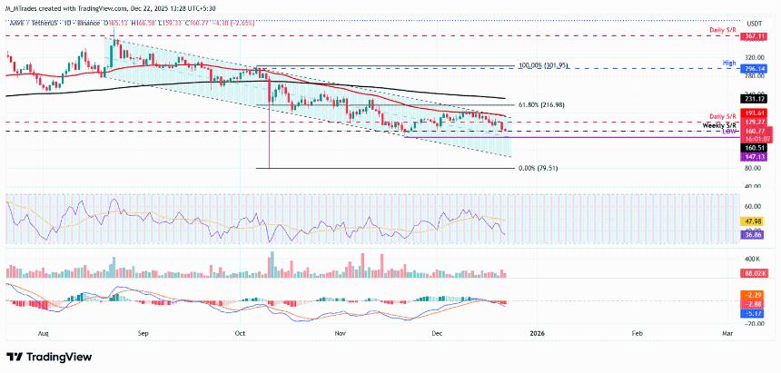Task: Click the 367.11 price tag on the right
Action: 756,36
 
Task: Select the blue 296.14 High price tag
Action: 756,67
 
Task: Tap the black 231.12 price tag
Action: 756,98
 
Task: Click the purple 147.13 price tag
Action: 756,156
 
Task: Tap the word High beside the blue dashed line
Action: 728,61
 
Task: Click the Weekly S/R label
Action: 718,126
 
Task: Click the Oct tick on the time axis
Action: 241,333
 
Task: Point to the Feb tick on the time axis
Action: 638,333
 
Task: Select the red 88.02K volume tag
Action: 756,272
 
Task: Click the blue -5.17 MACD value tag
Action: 756,313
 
